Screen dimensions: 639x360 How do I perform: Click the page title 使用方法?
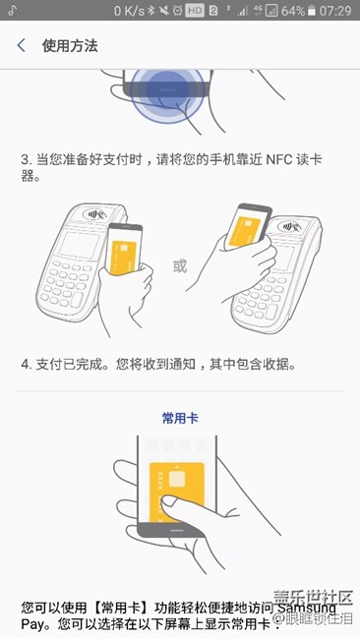[70, 46]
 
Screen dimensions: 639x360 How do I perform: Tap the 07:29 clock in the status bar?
[334, 11]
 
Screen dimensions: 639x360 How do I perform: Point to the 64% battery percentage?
[292, 11]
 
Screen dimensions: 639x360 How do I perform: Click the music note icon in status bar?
[11, 11]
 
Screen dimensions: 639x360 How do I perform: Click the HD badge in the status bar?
[196, 11]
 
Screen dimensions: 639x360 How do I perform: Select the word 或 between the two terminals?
[179, 265]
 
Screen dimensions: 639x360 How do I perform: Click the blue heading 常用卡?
[180, 418]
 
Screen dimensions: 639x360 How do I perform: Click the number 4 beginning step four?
[25, 365]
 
